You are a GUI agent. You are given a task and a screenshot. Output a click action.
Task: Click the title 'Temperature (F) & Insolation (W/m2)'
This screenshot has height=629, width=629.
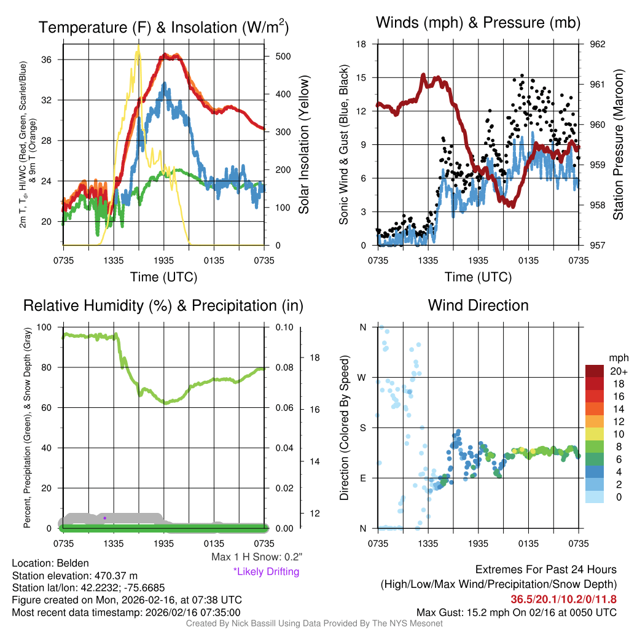(x=163, y=27)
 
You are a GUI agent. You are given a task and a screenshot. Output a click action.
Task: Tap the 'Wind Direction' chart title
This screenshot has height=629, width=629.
(x=478, y=305)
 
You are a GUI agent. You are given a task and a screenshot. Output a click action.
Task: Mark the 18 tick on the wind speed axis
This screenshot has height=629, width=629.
(x=361, y=44)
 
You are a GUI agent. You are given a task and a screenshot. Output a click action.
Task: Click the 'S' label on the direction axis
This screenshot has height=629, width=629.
(x=362, y=428)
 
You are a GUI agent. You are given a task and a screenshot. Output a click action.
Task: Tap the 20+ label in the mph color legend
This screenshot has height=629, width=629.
(x=616, y=372)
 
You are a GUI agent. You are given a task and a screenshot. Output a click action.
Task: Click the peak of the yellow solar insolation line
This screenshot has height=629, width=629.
(x=138, y=45)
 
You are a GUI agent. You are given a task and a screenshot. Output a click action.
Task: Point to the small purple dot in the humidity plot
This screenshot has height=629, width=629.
(x=105, y=518)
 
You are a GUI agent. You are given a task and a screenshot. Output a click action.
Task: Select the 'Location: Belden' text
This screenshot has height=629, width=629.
(x=50, y=563)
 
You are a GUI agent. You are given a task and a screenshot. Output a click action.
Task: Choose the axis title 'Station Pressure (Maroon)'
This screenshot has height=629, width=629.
(x=618, y=144)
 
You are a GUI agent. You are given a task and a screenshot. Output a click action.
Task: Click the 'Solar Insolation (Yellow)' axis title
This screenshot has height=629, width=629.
(x=303, y=144)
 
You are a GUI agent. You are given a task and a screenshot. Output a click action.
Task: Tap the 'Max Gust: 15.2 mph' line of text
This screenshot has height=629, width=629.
(x=516, y=612)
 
